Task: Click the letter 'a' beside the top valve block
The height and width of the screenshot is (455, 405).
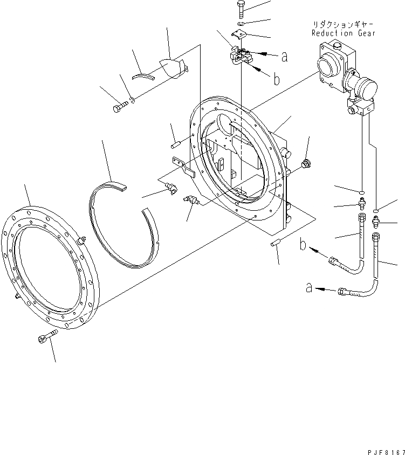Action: (284, 54)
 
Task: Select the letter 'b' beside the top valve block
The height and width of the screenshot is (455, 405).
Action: (276, 79)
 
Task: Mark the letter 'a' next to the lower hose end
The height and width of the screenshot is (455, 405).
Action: (309, 288)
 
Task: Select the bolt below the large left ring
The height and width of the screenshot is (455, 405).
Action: (44, 337)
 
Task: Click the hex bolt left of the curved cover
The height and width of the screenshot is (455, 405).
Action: (119, 107)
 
